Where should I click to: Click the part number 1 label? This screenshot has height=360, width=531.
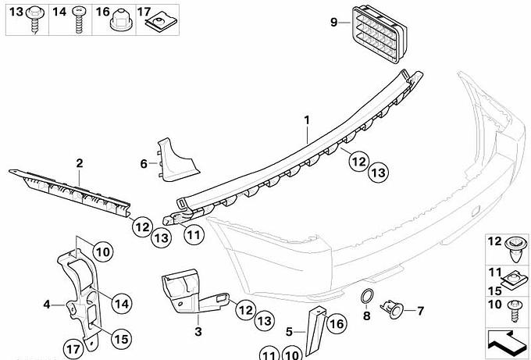(307, 119)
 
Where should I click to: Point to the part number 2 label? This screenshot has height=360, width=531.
(80, 163)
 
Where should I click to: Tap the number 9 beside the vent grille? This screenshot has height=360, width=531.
(333, 23)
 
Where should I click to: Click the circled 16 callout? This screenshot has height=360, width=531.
(336, 324)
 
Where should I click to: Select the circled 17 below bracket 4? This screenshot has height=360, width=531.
(73, 348)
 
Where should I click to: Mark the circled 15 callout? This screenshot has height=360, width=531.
(119, 338)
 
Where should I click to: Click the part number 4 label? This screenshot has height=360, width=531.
(47, 305)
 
